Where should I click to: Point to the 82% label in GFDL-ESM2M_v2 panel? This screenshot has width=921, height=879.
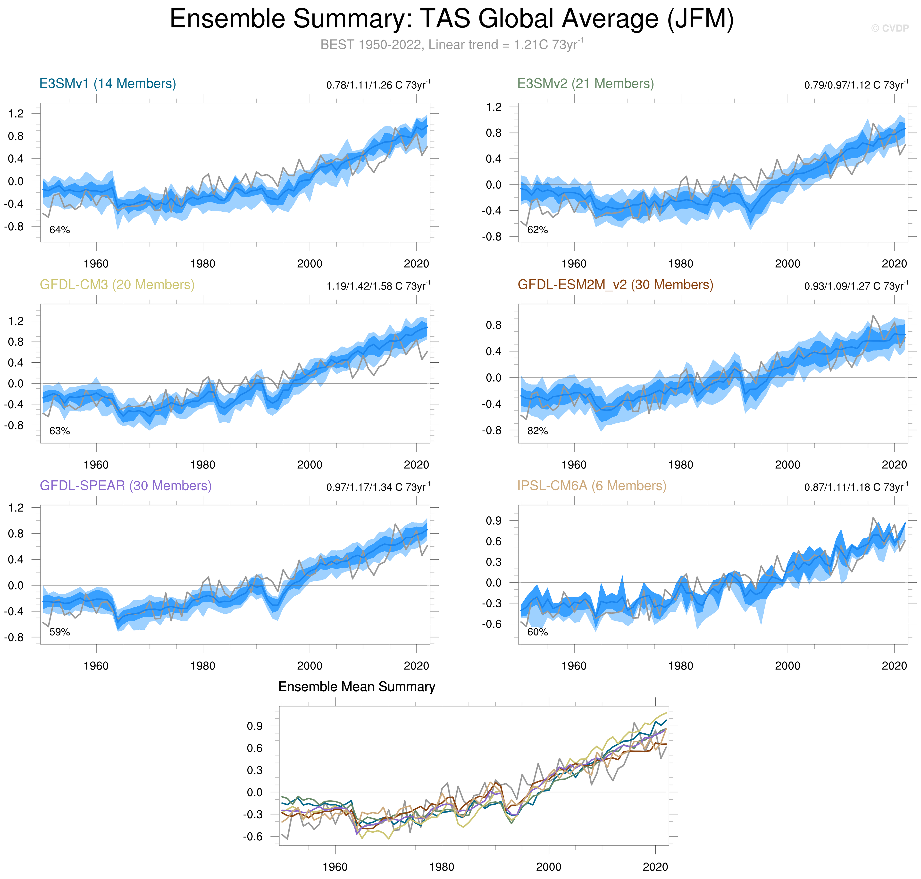[537, 431]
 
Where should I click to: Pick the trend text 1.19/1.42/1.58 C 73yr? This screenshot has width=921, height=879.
[378, 286]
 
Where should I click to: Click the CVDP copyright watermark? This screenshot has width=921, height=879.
[890, 28]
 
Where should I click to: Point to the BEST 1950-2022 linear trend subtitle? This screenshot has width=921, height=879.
[452, 44]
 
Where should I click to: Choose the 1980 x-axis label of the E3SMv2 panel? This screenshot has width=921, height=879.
[681, 264]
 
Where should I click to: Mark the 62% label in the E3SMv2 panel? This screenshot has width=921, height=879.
[537, 230]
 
